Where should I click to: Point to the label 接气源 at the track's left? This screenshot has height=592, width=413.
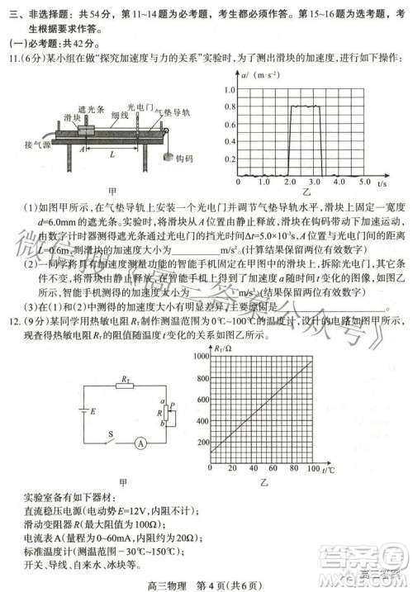coord(38,145)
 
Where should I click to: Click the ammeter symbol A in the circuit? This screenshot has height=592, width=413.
coord(140,443)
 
